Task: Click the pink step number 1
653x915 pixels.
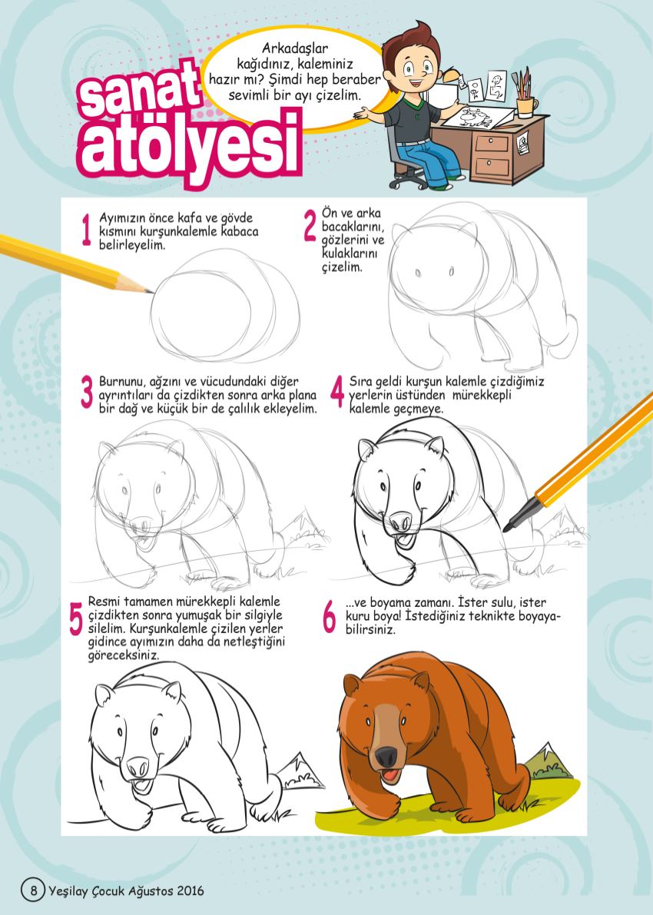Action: click(87, 230)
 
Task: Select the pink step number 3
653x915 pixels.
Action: click(87, 392)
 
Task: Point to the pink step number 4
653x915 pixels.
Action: click(337, 392)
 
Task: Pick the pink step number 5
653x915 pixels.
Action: click(76, 619)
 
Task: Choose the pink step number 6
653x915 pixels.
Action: click(330, 618)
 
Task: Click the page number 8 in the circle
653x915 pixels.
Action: click(33, 890)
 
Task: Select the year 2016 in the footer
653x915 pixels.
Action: click(191, 891)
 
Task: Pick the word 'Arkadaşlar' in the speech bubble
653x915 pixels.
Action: click(295, 48)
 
